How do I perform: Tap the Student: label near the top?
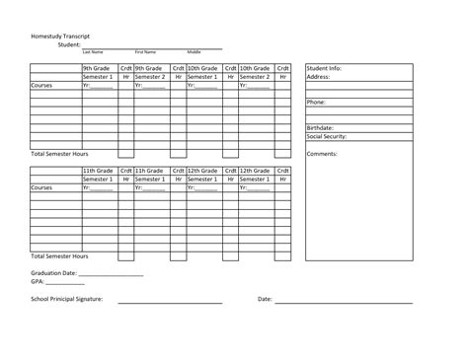(x=68, y=44)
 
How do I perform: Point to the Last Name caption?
(x=93, y=51)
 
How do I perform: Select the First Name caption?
(x=146, y=51)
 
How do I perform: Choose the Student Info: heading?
(x=325, y=68)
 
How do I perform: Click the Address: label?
(x=318, y=77)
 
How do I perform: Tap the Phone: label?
(x=316, y=103)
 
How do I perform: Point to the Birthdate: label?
(x=321, y=128)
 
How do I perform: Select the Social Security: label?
(x=327, y=136)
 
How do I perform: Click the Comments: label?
(x=322, y=154)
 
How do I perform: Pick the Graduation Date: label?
(x=53, y=272)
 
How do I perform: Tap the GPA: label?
(x=38, y=281)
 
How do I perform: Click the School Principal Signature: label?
(x=67, y=298)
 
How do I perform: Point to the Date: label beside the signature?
(x=265, y=298)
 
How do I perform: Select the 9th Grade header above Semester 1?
(x=98, y=68)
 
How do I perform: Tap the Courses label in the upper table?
(x=41, y=86)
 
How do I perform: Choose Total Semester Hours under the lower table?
(x=59, y=256)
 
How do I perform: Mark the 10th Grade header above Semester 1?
(x=202, y=68)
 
